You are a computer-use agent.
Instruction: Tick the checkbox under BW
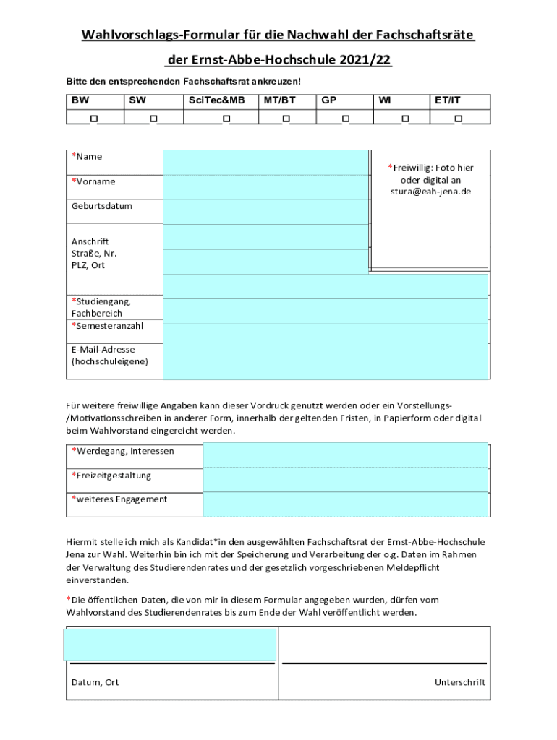click(x=94, y=118)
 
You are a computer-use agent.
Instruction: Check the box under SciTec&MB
click(x=226, y=118)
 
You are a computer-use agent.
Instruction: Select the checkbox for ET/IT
click(x=458, y=118)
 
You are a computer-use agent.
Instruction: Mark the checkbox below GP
click(x=346, y=118)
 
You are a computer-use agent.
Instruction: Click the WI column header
click(x=385, y=101)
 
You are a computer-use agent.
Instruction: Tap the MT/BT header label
click(x=279, y=101)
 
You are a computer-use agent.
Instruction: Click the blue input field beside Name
click(x=265, y=163)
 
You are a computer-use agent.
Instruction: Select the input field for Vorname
click(x=265, y=187)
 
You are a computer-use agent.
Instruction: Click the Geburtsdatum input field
click(x=265, y=212)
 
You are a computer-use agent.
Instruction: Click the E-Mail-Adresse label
click(x=103, y=350)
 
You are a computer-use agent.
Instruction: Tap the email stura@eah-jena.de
click(x=430, y=192)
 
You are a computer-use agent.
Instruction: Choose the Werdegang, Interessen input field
click(x=345, y=455)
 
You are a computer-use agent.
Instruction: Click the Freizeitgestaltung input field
click(x=345, y=480)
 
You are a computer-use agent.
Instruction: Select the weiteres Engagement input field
click(x=345, y=504)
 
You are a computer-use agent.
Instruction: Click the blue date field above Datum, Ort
click(x=170, y=645)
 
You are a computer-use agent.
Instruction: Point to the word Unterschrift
click(x=459, y=682)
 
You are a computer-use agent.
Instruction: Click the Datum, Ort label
click(x=95, y=682)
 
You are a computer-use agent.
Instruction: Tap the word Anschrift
click(x=90, y=241)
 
